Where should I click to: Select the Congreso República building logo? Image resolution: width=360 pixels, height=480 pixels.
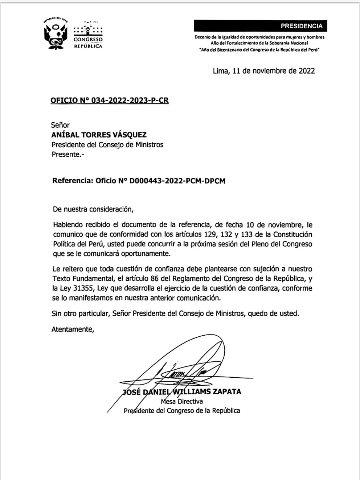[88, 35]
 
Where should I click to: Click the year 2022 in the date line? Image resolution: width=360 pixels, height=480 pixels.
[307, 71]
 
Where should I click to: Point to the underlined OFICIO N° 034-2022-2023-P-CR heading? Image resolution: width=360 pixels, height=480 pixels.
[110, 100]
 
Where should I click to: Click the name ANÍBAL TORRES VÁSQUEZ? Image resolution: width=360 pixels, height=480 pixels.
[99, 135]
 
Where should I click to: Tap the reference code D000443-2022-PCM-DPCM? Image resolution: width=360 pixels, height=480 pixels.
[177, 181]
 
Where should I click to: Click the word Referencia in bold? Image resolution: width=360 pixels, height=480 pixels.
[72, 181]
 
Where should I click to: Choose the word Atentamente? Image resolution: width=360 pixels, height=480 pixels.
[73, 329]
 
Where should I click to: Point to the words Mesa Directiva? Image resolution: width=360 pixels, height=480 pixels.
[181, 401]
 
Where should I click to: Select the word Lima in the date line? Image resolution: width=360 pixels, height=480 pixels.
[221, 71]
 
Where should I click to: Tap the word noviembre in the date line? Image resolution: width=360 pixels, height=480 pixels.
[269, 71]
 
